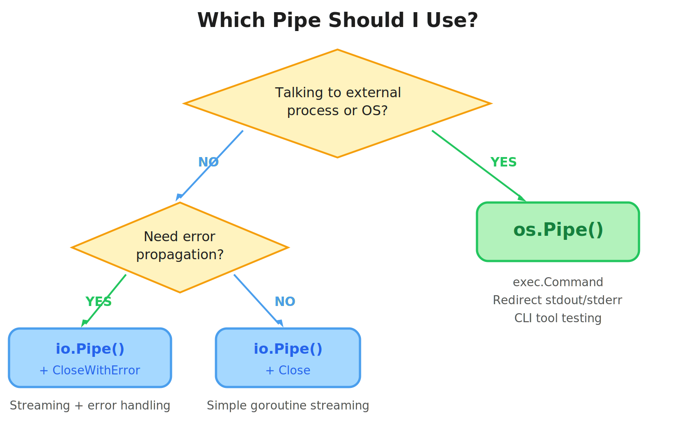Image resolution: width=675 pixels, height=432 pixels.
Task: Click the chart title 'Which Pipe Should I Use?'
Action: coord(337,21)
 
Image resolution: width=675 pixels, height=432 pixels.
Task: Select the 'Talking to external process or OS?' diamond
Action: coord(337,103)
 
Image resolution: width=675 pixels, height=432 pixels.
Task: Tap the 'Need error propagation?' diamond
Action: coord(180,247)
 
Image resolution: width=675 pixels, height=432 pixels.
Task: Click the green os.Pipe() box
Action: coord(558,232)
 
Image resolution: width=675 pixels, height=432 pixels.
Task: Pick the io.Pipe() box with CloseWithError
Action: coord(90,358)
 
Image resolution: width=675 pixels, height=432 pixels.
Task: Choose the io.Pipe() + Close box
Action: coord(288,358)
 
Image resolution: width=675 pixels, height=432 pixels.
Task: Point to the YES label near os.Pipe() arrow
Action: coord(503,162)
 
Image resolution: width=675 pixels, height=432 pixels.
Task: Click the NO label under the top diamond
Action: coord(208,162)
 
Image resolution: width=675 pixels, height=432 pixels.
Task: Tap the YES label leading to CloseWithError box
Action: coord(99,301)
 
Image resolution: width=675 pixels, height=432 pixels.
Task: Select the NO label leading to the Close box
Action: coord(285,301)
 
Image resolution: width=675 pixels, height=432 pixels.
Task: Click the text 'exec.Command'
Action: coord(558,282)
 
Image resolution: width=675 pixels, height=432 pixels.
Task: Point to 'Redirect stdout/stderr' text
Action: coord(558,300)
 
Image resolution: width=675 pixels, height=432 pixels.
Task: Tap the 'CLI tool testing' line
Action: coord(558,318)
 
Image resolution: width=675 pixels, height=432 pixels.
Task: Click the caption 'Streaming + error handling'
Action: coord(90,405)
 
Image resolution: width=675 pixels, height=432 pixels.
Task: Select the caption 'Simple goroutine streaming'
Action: coord(288,405)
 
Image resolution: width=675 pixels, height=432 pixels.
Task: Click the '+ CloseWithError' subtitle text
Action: coord(90,370)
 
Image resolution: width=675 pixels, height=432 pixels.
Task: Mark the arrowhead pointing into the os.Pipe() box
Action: coord(522,198)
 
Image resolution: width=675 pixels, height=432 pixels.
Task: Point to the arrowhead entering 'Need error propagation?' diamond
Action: coord(179,197)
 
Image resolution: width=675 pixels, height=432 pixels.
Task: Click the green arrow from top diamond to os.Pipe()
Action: coord(479,166)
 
